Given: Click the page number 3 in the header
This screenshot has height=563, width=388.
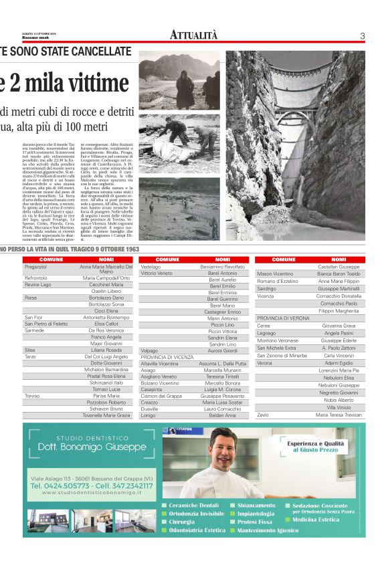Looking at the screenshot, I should pos(362,35).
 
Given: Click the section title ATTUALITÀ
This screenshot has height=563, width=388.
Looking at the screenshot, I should pos(193,35).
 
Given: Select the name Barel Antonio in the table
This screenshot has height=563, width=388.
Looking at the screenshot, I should pos(223,273).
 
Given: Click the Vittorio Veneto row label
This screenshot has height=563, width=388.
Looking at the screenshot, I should pos(157,273).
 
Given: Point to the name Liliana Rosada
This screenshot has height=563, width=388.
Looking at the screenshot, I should pos(107,350).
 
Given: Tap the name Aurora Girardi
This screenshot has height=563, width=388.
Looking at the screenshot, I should pos(223,350).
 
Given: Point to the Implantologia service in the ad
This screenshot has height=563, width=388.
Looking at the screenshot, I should pos(256,514).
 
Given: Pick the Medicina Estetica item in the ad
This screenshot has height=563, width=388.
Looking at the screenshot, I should pos(315,520).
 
